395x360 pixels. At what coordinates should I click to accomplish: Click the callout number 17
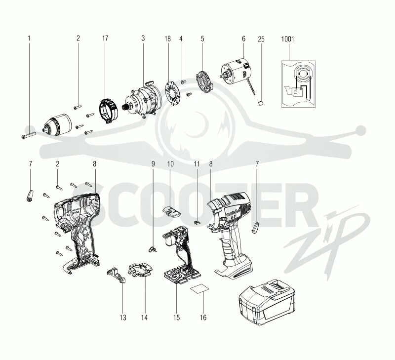[x=105, y=38]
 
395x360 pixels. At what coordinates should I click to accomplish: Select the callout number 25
[x=261, y=38]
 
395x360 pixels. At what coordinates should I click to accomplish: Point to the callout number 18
[x=167, y=38]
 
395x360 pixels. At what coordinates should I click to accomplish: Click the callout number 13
[x=123, y=318]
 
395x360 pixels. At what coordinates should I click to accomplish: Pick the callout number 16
[x=203, y=318]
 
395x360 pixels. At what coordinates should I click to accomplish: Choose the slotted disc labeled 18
[x=173, y=92]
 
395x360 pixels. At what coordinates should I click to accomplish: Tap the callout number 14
[x=145, y=318]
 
